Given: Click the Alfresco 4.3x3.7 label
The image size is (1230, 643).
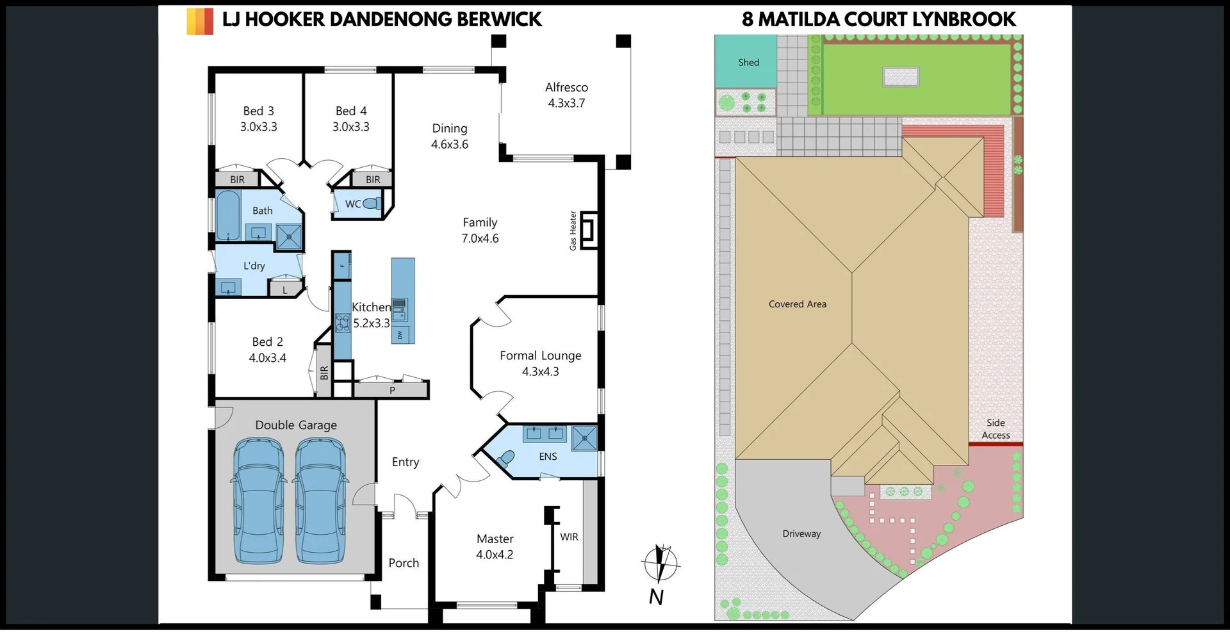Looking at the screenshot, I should [x=566, y=95].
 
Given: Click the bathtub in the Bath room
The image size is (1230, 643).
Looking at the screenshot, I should [x=227, y=215].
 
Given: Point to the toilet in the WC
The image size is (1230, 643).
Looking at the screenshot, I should [x=372, y=204].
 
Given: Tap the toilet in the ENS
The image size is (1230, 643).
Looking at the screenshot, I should [x=506, y=459].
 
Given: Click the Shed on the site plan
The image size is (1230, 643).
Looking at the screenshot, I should [x=747, y=62].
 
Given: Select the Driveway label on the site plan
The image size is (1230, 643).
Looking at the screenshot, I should [x=801, y=533].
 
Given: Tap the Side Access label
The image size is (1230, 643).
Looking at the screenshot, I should [x=996, y=428].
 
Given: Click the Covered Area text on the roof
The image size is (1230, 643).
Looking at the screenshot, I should [x=797, y=304].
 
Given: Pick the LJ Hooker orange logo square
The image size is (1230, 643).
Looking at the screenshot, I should [x=200, y=21].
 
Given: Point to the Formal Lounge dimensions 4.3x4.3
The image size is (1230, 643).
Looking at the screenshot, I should [x=540, y=371].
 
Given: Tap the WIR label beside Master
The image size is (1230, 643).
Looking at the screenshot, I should [x=569, y=537].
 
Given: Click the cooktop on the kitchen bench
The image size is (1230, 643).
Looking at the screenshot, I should [x=343, y=321].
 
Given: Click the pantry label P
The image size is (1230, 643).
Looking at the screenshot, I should [x=392, y=390].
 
